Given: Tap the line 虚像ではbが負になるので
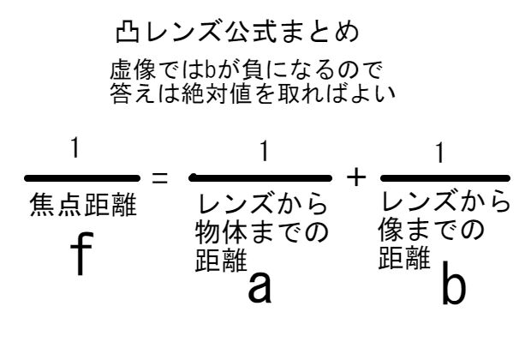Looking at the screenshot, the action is tap(246, 68).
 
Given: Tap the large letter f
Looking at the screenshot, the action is tap(78, 254).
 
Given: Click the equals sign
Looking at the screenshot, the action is tap(158, 179).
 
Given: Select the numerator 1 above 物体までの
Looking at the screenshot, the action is tap(265, 153).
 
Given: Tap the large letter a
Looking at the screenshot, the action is tap(260, 287).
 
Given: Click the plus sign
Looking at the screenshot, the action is tap(356, 177).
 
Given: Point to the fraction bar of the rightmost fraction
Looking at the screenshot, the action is tap(444, 178).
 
